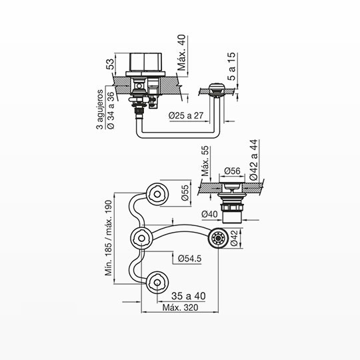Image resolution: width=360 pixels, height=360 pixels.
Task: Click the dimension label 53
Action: tap(111, 64)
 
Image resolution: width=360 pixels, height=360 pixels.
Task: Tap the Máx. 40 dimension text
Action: tap(181, 53)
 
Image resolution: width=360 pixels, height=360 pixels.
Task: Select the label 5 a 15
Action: tap(231, 67)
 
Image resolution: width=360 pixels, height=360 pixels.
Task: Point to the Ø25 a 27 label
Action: tap(186, 115)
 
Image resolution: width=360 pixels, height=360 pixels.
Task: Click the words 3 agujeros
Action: tap(100, 109)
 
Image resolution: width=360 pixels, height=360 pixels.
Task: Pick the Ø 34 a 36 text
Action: tap(111, 111)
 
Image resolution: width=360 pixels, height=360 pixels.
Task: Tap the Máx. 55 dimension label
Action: tap(205, 161)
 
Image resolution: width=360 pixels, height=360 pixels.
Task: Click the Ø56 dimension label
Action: tap(232, 171)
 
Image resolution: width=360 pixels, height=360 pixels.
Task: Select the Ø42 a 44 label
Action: tap(254, 160)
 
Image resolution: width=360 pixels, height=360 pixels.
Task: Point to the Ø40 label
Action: tap(209, 214)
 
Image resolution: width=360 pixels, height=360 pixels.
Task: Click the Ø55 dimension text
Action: tap(185, 193)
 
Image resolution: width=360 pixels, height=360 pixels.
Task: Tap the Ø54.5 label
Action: tap(189, 259)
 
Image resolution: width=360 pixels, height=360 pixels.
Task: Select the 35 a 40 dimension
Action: tap(188, 296)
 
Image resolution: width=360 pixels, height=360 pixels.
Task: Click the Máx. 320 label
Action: tap(180, 307)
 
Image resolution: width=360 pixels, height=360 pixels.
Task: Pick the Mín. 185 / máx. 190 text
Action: tap(109, 238)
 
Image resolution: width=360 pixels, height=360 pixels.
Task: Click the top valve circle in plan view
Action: tap(157, 194)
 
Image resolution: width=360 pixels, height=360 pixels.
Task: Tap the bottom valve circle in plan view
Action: tap(157, 283)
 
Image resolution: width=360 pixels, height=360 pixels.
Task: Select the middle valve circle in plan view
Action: tap(141, 239)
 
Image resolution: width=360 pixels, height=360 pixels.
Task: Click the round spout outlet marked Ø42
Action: tap(218, 238)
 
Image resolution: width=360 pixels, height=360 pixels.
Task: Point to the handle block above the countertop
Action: tap(146, 62)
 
